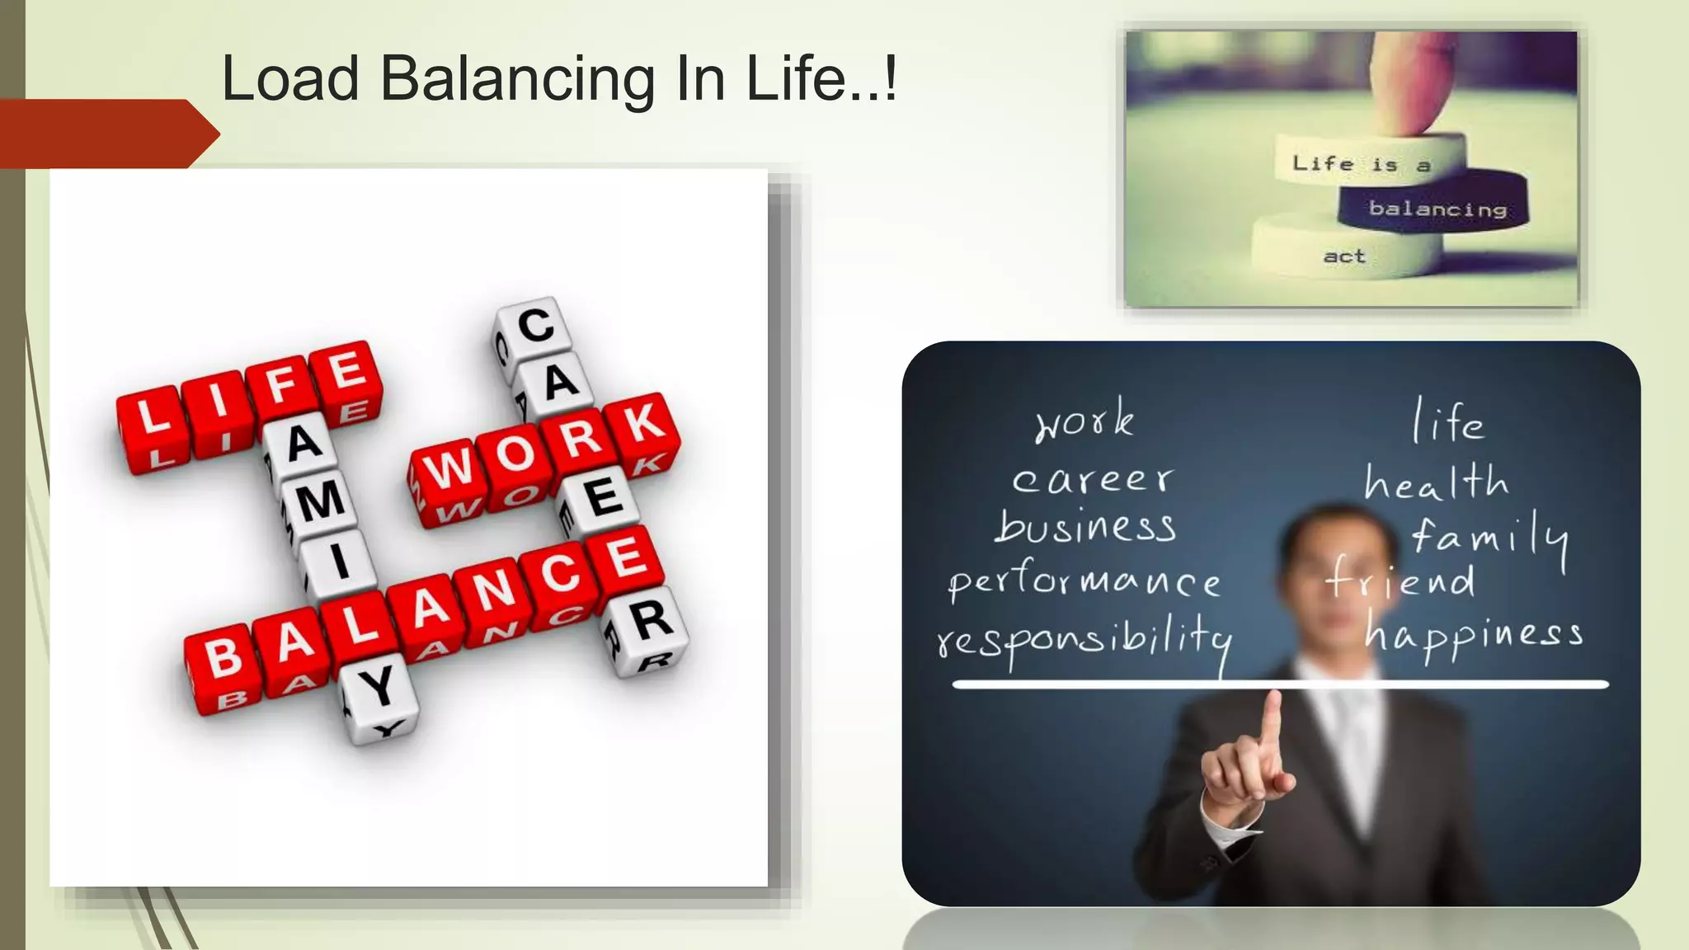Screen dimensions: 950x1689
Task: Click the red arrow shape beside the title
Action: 107,134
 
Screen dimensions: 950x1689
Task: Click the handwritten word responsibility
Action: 1084,639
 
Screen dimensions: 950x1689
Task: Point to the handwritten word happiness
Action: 1473,635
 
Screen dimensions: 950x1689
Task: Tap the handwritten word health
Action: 1435,482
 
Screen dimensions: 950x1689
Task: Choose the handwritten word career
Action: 1092,479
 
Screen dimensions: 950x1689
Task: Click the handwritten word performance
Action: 1084,581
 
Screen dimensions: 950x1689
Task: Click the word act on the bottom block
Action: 1344,256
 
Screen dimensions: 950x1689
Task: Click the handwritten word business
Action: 1085,528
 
